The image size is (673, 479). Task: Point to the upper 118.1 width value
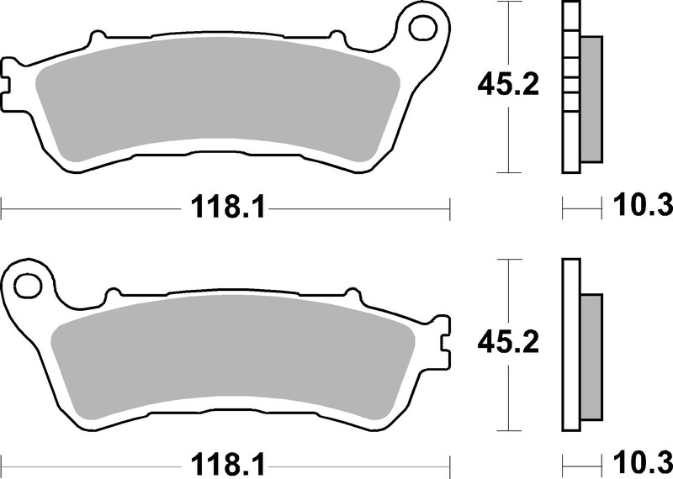(226, 206)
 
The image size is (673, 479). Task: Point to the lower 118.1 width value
(226, 463)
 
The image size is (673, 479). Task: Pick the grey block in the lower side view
(591, 357)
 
